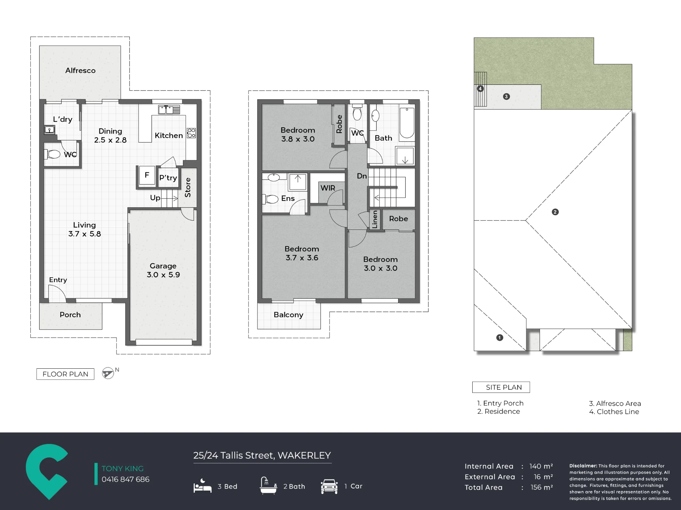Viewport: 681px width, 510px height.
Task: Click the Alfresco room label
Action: [x=80, y=70]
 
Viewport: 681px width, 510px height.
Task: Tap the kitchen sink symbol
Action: [x=169, y=110]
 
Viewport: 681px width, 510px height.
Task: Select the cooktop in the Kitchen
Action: [x=191, y=133]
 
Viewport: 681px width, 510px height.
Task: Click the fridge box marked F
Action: [x=147, y=175]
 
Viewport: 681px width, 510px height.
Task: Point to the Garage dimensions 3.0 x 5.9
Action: [x=163, y=275]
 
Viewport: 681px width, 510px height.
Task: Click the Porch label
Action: [x=70, y=315]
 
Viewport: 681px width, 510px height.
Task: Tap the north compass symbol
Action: [x=108, y=373]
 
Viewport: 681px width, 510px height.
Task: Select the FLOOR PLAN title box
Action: [x=65, y=374]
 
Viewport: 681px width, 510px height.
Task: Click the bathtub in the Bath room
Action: [x=407, y=123]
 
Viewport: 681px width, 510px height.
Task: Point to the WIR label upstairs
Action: [x=328, y=188]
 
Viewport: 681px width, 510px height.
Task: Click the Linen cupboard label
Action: [x=375, y=219]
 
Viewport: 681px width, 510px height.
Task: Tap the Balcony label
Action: [x=288, y=315]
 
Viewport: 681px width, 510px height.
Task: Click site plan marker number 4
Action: [x=480, y=89]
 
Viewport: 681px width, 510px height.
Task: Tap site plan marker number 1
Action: [x=500, y=338]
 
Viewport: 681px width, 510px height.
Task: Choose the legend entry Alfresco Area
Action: [x=615, y=403]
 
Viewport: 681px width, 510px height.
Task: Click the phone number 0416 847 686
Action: [x=126, y=479]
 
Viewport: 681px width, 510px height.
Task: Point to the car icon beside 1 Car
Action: [x=329, y=486]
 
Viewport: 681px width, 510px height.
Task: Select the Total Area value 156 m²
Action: [x=542, y=487]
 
